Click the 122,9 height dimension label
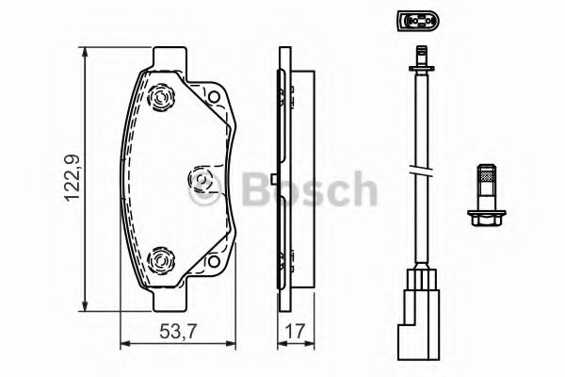pos(72,178)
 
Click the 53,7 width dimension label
pos(178,331)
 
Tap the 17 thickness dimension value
pos(295,331)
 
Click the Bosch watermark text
pos(309,188)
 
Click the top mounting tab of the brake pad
pos(169,57)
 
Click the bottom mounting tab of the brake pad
pos(169,300)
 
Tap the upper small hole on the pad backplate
pos(214,97)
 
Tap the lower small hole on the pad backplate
pos(214,261)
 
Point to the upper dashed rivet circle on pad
pos(161,97)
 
